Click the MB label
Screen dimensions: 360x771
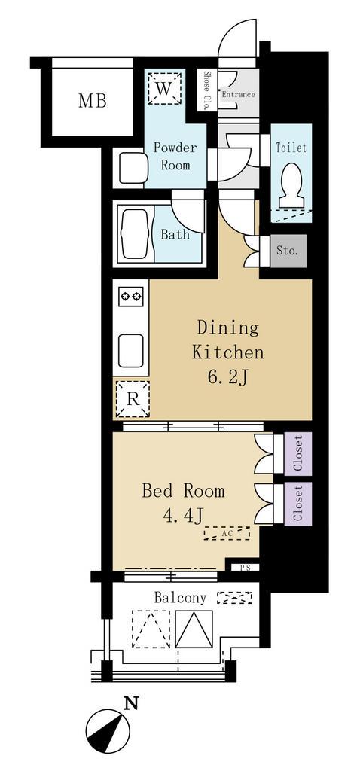pos(93,101)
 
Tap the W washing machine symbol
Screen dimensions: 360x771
pos(165,89)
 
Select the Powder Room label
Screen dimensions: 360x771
pos(175,156)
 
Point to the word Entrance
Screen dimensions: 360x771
pos(238,94)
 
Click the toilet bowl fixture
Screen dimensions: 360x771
pos(291,185)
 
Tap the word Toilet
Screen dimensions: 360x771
pos(291,147)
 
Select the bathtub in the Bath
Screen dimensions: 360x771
pos(133,234)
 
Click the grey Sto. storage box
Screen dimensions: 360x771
pos(288,251)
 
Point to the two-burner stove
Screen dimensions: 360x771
pos(131,296)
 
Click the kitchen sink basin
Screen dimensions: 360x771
pos(131,351)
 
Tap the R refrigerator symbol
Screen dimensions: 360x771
pos(132,399)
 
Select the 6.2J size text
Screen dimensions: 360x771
pos(227,378)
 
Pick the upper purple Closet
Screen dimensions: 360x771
pos(298,454)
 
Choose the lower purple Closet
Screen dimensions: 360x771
pos(298,502)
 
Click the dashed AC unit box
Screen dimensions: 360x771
pos(227,533)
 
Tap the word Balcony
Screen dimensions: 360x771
pos(180,598)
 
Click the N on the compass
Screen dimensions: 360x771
pos(130,704)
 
